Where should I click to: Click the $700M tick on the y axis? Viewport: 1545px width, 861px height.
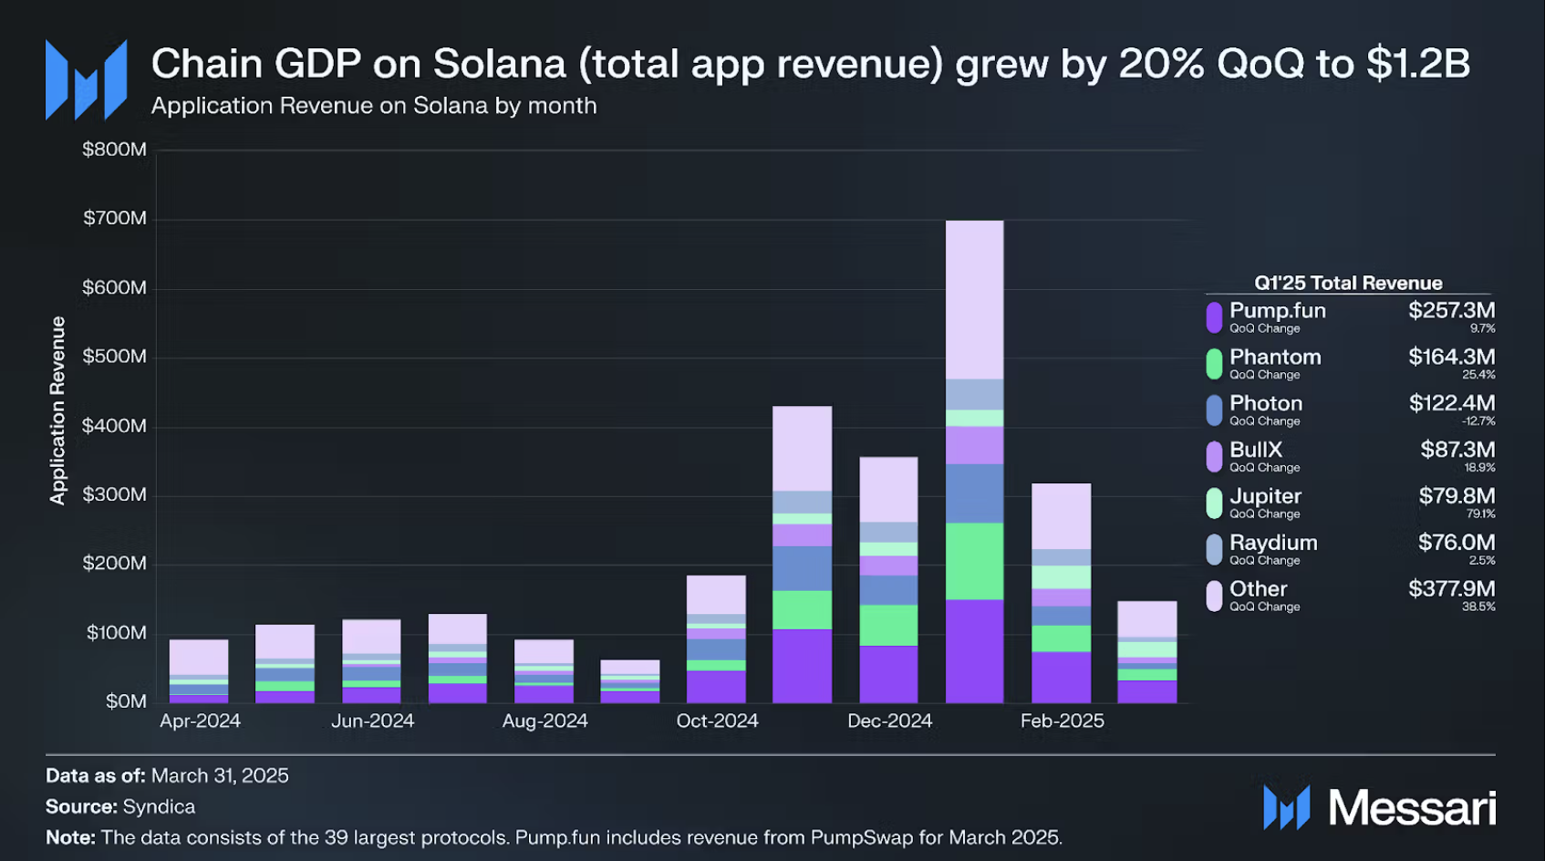pyautogui.click(x=115, y=218)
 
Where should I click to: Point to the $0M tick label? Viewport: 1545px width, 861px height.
pyautogui.click(x=126, y=701)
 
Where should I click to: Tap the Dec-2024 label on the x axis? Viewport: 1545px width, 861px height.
pyautogui.click(x=889, y=721)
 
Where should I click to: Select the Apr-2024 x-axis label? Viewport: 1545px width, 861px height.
pyautogui.click(x=200, y=721)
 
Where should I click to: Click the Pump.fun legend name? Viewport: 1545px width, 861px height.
pyautogui.click(x=1277, y=311)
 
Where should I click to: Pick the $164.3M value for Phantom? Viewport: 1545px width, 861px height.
pyautogui.click(x=1451, y=357)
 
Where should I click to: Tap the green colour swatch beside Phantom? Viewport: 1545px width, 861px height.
pyautogui.click(x=1214, y=364)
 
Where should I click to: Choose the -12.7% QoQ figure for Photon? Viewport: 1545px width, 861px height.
pyautogui.click(x=1478, y=421)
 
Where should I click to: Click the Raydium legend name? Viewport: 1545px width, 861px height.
pyautogui.click(x=1273, y=543)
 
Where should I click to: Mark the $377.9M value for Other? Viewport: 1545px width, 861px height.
pyautogui.click(x=1451, y=588)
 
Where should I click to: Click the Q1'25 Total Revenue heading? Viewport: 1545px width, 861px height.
pyautogui.click(x=1348, y=283)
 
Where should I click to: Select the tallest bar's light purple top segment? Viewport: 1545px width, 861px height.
pyautogui.click(x=974, y=299)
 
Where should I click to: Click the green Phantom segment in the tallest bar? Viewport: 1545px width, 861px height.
pyautogui.click(x=974, y=561)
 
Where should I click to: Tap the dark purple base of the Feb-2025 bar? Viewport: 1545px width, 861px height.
pyautogui.click(x=1061, y=677)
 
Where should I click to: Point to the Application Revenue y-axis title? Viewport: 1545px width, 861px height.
pyautogui.click(x=58, y=410)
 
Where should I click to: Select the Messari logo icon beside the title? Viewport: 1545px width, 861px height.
pyautogui.click(x=87, y=80)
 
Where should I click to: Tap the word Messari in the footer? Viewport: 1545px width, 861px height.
pyautogui.click(x=1412, y=808)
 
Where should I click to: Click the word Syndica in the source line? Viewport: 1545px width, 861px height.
pyautogui.click(x=159, y=807)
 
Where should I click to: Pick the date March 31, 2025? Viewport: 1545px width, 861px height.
pyautogui.click(x=220, y=776)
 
